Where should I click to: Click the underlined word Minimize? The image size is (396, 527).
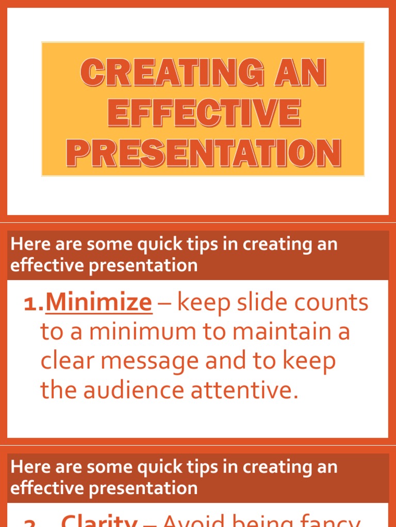98,303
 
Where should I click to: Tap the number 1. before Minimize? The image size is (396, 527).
34,304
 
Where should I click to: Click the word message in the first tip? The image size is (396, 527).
150,361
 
